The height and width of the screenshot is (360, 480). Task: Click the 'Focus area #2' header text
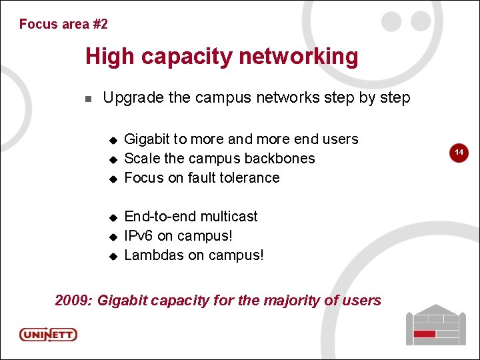pos(63,24)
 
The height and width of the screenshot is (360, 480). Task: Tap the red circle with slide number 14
pos(459,153)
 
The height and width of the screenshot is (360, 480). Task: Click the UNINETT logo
pos(48,334)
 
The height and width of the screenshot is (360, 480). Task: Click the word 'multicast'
pos(229,217)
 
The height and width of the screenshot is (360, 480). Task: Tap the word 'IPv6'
pos(139,236)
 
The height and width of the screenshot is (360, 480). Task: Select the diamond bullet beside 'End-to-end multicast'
pos(113,217)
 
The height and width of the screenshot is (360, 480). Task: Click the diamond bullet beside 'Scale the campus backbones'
pos(113,159)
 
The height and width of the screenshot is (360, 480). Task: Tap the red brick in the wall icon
pos(424,333)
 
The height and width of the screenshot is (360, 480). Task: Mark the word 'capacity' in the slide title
pos(196,57)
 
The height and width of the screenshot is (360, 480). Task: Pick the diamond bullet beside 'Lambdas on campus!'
pos(113,256)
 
